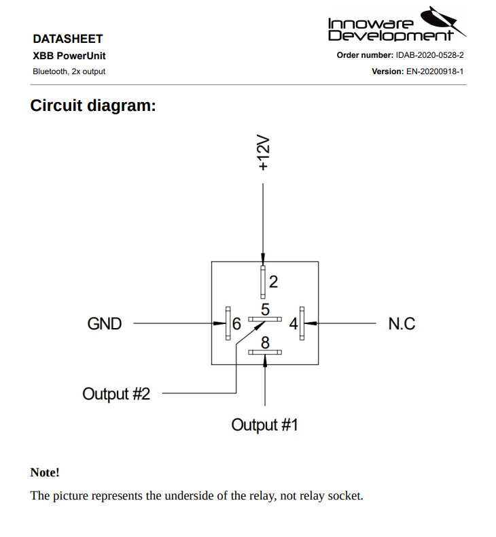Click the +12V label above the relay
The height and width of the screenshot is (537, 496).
tap(264, 153)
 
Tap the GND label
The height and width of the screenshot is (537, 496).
tap(105, 323)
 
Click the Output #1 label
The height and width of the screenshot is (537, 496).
tap(264, 425)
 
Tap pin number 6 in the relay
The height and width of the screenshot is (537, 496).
tap(236, 324)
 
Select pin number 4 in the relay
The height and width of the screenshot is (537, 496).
tap(293, 324)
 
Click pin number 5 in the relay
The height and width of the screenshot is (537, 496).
tap(266, 309)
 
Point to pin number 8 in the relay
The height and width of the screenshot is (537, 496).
tap(266, 342)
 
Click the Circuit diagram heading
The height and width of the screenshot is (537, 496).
tap(93, 106)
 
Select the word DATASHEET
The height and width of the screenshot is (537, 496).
tap(67, 39)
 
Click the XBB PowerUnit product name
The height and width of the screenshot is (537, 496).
tap(69, 56)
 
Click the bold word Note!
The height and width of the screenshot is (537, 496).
tap(45, 472)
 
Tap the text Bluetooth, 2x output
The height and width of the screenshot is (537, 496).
tap(69, 71)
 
